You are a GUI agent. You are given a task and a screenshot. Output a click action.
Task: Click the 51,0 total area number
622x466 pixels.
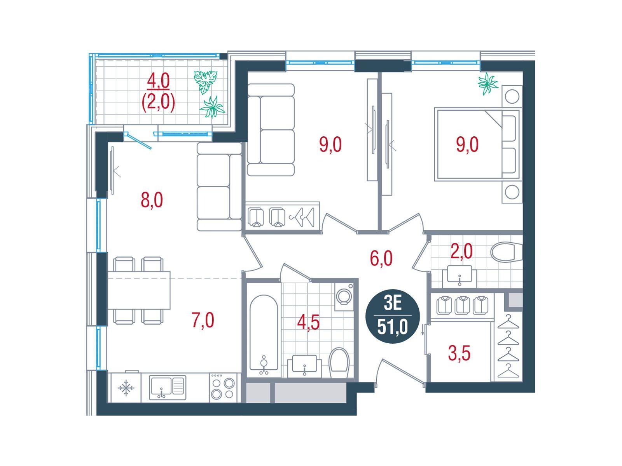point(392,328)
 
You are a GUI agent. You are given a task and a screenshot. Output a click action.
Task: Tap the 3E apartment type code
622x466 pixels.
point(393,305)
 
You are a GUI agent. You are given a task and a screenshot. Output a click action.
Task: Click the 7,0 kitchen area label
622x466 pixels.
point(203,320)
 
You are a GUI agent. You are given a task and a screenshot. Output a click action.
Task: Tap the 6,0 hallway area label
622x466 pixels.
point(381,259)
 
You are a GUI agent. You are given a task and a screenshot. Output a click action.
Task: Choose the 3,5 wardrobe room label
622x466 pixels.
point(459,354)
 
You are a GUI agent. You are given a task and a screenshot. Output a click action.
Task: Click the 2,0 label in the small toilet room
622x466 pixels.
point(461,251)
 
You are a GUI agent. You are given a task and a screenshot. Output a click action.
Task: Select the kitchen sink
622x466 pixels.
point(168,387)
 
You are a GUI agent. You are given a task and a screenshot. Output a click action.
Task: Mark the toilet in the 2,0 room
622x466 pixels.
point(506,252)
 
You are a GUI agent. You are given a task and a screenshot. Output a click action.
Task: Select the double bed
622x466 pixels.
point(478,144)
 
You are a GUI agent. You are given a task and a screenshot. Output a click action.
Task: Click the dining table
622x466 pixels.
point(139,290)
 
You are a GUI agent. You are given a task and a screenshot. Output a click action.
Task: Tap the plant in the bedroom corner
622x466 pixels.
point(487,83)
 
